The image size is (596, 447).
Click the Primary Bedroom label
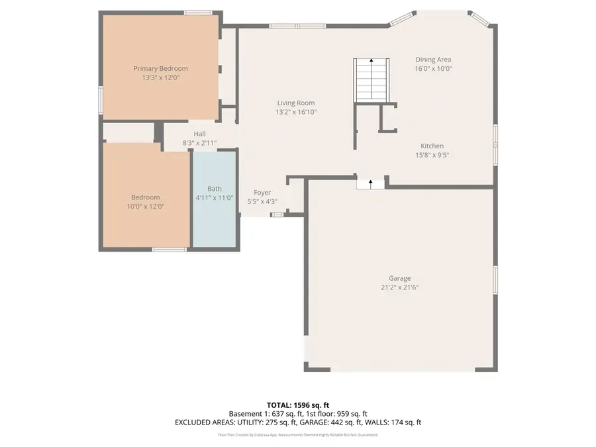click(160, 68)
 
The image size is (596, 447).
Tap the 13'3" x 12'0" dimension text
click(160, 77)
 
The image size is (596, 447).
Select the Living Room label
click(295, 103)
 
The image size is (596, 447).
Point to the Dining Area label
click(433, 60)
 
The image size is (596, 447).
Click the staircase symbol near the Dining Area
click(371, 79)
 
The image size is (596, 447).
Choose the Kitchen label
click(432, 146)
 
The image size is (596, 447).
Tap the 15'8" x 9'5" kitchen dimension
click(432, 155)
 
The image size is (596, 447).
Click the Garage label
click(399, 278)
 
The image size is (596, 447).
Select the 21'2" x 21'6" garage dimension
click(399, 287)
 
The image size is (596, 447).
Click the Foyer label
click(262, 193)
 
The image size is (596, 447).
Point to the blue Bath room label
click(215, 189)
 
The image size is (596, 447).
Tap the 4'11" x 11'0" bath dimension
click(215, 198)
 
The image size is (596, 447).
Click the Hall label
click(199, 134)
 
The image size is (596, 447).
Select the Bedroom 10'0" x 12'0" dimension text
click(145, 207)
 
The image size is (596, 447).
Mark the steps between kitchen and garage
click(370, 183)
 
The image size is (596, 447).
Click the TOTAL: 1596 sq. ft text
click(298, 405)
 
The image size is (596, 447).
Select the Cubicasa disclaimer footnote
click(298, 435)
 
